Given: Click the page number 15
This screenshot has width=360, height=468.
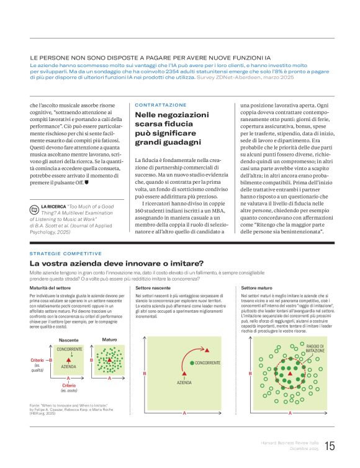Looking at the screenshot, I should pos(330,446).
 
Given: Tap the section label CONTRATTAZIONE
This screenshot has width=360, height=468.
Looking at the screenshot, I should pos(160,105).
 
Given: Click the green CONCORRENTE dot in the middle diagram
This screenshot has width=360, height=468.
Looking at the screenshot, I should pos(191,362).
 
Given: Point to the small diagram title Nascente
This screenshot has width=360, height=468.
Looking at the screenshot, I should pos(68,340).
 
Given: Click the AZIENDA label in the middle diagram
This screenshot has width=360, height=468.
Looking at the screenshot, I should pos(184,383).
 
